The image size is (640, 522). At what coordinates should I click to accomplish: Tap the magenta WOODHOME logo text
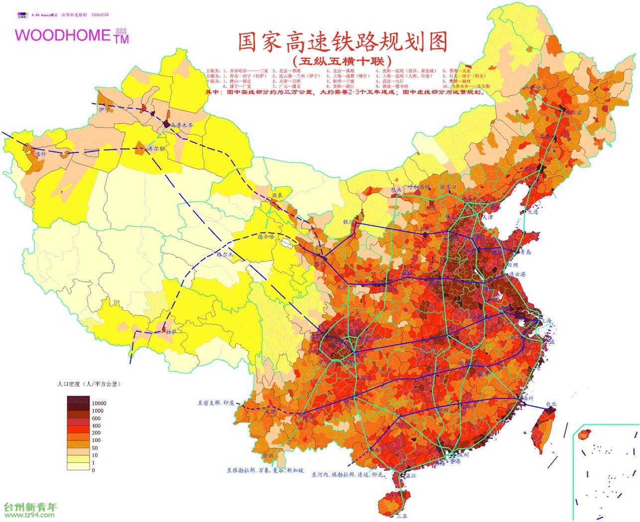coord(63,35)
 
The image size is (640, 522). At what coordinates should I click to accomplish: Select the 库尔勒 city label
coord(156,148)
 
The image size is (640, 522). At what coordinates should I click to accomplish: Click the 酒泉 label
coord(277,195)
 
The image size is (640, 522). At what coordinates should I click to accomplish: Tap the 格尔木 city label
coord(225,254)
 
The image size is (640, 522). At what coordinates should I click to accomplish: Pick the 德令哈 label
coord(266,237)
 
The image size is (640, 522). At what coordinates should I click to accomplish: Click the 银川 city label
coord(348,222)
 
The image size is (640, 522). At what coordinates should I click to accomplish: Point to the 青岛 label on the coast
coord(525,252)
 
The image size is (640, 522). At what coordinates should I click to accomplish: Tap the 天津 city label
coord(487,217)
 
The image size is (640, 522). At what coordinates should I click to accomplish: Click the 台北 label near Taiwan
coord(551,404)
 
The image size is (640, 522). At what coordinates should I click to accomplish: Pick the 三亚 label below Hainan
coord(401,516)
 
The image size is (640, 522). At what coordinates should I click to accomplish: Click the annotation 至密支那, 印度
coord(216,402)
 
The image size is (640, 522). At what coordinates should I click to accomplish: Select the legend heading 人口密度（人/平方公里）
coord(89,384)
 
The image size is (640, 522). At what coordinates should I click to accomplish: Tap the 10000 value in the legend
coord(99,403)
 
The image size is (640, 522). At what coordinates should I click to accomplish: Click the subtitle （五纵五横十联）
coord(342,61)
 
